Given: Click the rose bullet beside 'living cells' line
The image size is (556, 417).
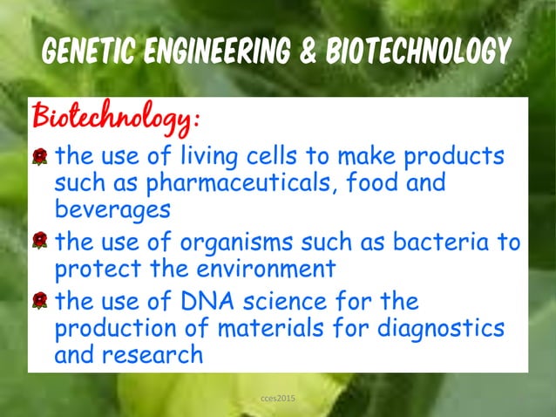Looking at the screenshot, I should [39, 158].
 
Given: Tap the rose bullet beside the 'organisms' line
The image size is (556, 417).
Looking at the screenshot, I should [39, 241].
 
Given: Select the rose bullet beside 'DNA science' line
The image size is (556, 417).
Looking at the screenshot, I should [39, 301].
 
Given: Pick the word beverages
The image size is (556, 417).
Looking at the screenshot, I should [112, 210].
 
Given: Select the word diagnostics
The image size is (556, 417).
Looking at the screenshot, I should [445, 329].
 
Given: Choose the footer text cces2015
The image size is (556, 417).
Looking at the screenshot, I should [278, 399].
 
